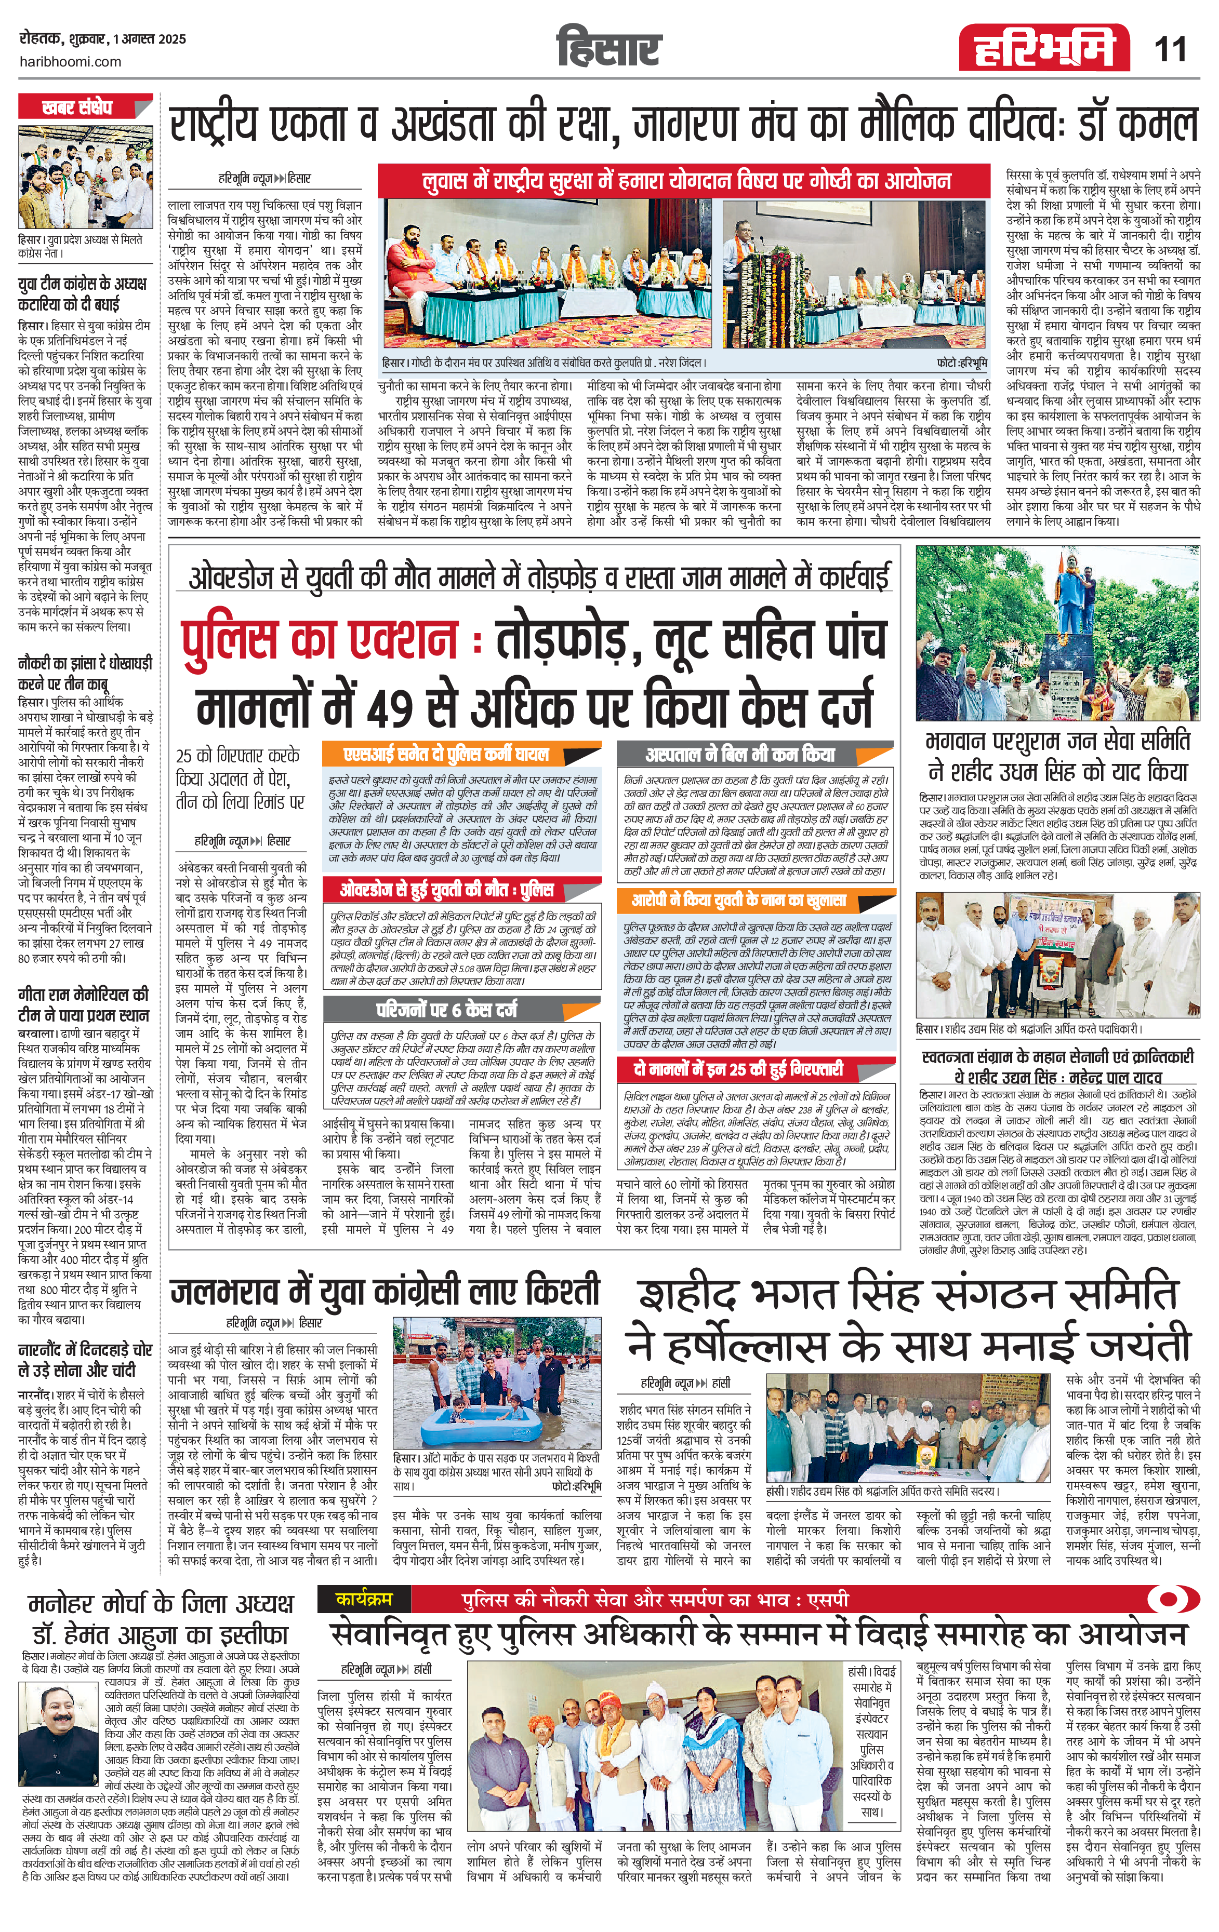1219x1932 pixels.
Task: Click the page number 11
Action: click(1170, 50)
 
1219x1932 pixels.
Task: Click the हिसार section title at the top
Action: click(608, 48)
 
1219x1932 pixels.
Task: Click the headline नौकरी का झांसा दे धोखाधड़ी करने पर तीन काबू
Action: click(84, 673)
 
